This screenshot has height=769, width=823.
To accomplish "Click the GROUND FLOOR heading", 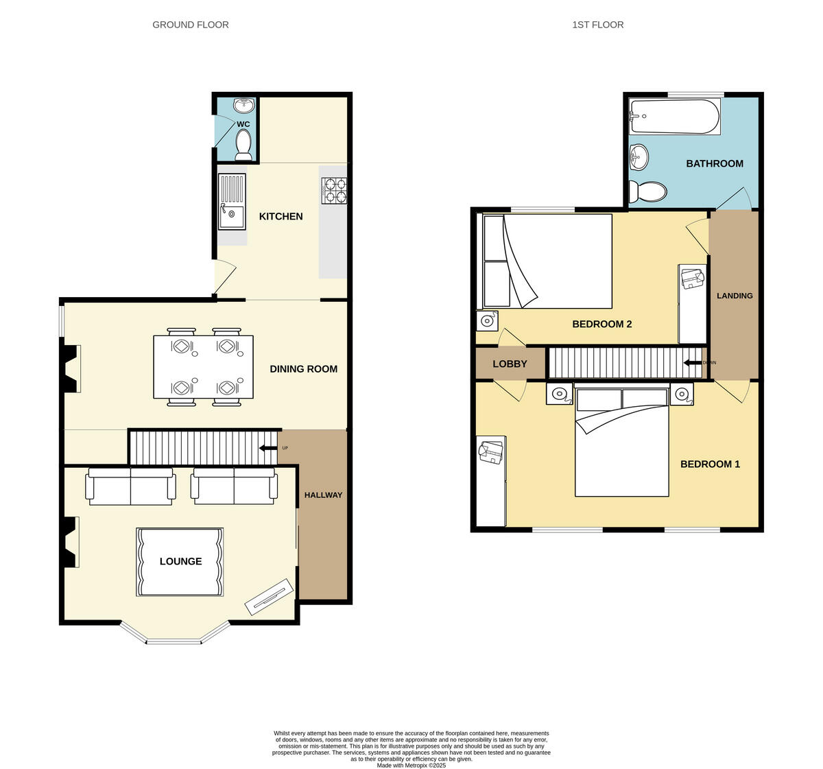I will click(x=191, y=25).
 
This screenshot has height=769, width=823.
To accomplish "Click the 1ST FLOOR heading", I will click(x=597, y=25).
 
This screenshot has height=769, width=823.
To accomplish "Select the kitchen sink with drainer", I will click(x=232, y=201).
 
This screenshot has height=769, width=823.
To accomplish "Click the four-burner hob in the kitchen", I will click(x=334, y=190).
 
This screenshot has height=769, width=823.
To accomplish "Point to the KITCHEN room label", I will click(x=281, y=216).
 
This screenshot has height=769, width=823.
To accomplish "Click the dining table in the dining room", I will click(x=203, y=366).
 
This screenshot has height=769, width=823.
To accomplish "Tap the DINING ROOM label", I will click(x=303, y=369).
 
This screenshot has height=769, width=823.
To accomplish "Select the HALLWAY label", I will click(x=323, y=495).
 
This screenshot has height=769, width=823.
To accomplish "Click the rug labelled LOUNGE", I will click(x=180, y=562).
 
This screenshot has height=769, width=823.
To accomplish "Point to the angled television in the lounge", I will click(x=270, y=597).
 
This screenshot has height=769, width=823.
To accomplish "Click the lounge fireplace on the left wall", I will click(x=70, y=542).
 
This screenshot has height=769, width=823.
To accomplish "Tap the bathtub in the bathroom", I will click(x=675, y=117).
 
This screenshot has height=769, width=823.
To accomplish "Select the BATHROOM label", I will click(x=715, y=163).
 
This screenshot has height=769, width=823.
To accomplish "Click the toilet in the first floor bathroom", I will click(x=647, y=192).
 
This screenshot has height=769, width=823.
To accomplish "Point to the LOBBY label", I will click(x=510, y=364).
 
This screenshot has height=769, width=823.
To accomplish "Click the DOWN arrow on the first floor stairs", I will click(x=693, y=362).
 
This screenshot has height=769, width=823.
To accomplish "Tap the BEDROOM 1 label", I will click(x=710, y=464).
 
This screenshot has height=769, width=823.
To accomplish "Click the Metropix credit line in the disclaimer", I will click(x=411, y=765).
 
